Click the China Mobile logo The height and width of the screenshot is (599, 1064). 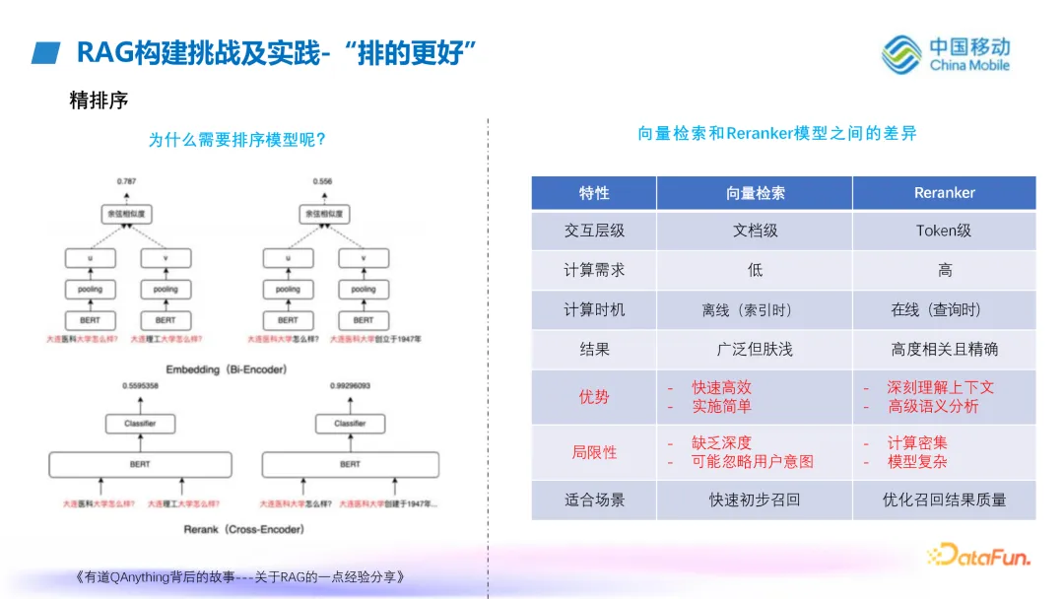tap(945, 54)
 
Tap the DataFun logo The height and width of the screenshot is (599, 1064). tap(978, 556)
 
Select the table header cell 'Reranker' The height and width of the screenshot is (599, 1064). tap(944, 193)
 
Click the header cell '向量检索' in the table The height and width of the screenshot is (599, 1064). tap(755, 193)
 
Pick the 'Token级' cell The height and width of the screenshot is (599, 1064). tap(944, 231)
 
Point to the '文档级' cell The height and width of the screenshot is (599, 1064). tap(755, 231)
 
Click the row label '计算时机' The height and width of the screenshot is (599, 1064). tap(594, 309)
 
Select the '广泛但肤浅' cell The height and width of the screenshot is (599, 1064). tap(755, 349)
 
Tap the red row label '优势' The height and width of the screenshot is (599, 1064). tap(594, 397)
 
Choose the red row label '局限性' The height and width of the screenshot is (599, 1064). tap(594, 452)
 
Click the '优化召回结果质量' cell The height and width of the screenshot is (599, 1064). tap(944, 499)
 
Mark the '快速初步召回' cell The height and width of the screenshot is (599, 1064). tap(755, 499)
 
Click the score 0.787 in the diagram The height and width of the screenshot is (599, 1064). tap(126, 182)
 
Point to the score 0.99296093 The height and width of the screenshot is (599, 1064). tap(350, 386)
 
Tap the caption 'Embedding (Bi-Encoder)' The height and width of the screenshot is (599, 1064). tap(226, 369)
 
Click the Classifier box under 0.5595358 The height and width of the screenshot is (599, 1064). tap(140, 424)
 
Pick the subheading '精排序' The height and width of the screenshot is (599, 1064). tap(99, 100)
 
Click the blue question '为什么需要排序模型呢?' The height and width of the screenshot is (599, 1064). tap(237, 140)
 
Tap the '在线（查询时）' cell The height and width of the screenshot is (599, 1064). tap(936, 309)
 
